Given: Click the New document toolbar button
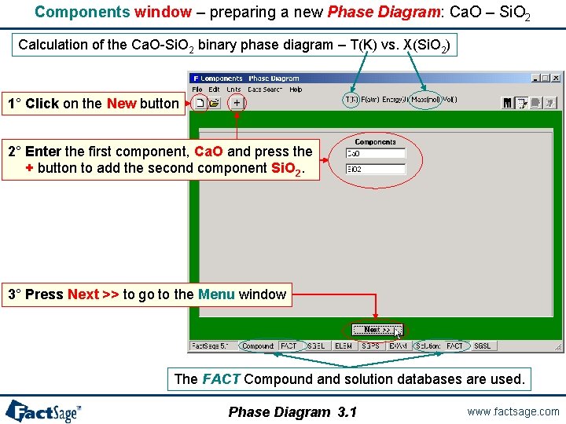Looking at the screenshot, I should coord(200,103).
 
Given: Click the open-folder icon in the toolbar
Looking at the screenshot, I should coord(214,103).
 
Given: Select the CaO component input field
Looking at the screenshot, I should coord(375,154).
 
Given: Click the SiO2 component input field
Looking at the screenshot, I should coord(375,169).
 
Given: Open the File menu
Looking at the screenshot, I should coord(197,90).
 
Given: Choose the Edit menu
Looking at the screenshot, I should coord(214,90).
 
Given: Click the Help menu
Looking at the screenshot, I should coord(296,90).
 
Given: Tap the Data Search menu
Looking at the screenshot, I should coord(264,90).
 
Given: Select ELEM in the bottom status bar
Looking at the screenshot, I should coord(344,345).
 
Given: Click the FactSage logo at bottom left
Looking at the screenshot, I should coord(43,411).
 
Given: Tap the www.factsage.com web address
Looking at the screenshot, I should coord(513,411).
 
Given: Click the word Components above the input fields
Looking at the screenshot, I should coord(375,142).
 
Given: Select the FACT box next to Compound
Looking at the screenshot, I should coord(289,345).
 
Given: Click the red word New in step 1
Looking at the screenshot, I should coord(122,104).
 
